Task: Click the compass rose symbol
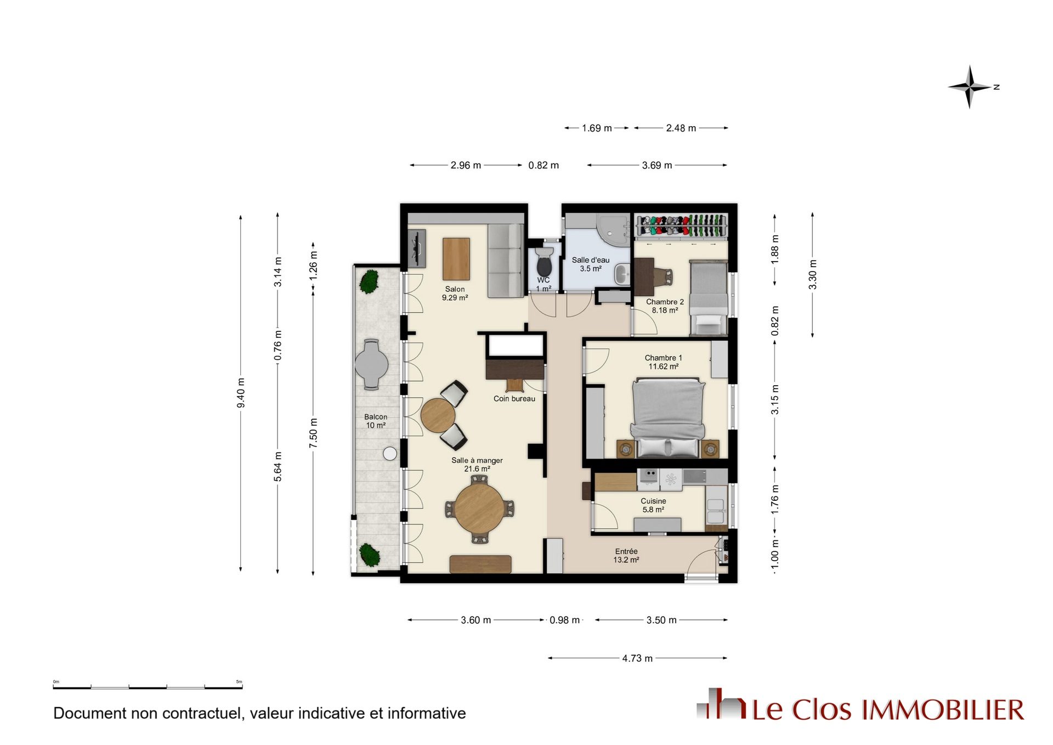970,87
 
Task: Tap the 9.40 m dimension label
241,393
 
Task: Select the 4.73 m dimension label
637,658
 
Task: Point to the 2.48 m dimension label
681,128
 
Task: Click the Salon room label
455,289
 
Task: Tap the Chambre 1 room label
663,358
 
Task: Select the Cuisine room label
653,501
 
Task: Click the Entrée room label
626,551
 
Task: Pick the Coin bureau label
514,399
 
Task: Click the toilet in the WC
544,262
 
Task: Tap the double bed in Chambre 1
667,417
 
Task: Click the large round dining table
479,509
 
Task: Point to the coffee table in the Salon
456,259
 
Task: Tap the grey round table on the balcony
371,364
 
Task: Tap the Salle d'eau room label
591,260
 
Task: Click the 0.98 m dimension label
564,620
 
